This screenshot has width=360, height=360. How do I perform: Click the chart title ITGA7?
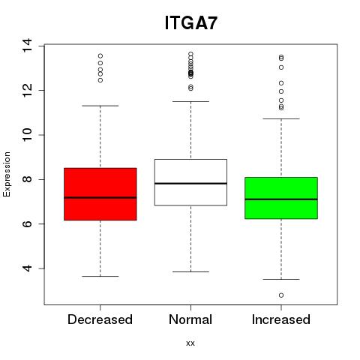pos(190,22)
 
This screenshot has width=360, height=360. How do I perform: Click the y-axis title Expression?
pos(7,174)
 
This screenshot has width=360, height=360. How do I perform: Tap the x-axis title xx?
pos(190,343)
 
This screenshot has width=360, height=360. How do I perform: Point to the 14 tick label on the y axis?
pos(27,46)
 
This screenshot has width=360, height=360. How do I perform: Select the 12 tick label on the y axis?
pos(27,90)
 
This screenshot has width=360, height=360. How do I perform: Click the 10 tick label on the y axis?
pos(27,135)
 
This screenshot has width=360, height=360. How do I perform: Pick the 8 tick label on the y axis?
pos(27,179)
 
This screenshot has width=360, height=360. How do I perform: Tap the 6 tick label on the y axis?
pos(27,223)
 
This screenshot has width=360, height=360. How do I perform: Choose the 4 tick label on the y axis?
pos(27,268)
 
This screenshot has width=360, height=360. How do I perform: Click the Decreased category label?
pos(100,319)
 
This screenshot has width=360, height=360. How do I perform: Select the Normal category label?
pos(190,319)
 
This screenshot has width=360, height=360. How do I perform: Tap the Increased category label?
pos(281,319)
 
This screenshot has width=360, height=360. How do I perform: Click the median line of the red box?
pos(100,197)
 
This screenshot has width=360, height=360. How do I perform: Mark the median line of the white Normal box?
pos(190,184)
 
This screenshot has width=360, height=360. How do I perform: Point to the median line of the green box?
pos(281,199)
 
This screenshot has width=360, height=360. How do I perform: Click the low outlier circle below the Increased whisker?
pos(281,295)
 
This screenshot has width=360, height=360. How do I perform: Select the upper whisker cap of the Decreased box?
pos(100,106)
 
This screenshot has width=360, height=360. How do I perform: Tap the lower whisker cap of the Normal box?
pos(190,271)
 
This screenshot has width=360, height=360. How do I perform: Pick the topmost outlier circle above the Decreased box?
pos(100,55)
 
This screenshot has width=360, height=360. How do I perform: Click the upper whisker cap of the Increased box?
pos(281,118)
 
